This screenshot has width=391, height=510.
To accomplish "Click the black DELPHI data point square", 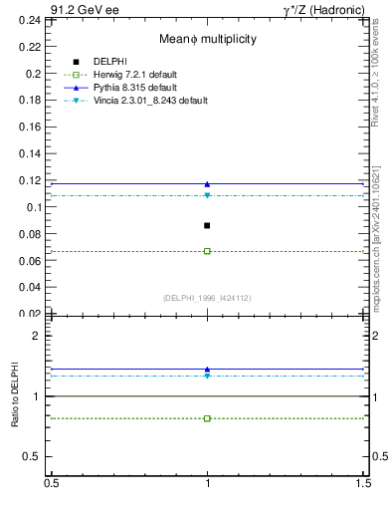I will tap(207, 225).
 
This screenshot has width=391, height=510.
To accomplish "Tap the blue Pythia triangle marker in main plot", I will tap(207, 184).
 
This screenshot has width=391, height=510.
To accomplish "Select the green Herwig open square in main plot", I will tap(207, 251).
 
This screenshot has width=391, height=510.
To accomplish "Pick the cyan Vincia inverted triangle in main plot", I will tap(207, 195).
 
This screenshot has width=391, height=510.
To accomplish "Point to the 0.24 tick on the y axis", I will tap(33, 20).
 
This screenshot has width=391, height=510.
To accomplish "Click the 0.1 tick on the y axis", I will tap(37, 207).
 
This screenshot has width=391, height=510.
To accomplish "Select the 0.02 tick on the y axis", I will tap(33, 314).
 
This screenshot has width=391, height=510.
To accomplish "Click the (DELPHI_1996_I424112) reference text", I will tap(207, 297).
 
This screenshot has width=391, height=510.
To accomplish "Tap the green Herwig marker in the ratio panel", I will tap(207, 418).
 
